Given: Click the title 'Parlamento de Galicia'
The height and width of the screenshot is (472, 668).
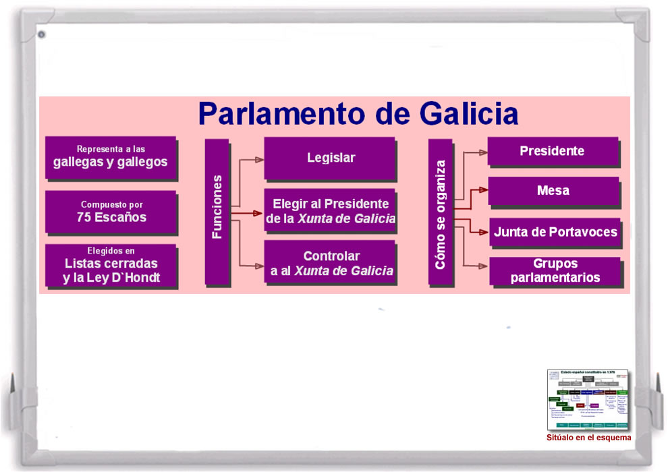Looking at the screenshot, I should click(x=358, y=113).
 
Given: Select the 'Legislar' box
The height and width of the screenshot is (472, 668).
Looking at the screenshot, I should click(x=329, y=158).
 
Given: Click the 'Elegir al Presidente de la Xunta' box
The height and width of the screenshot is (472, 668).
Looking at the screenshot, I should click(x=329, y=210).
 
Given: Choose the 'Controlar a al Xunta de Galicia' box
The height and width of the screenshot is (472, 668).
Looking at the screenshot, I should click(x=329, y=263).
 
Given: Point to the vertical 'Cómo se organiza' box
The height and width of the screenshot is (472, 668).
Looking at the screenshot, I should click(x=440, y=212).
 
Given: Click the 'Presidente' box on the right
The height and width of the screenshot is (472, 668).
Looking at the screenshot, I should click(x=552, y=151).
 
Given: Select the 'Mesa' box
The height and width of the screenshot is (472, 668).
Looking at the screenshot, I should click(x=553, y=191).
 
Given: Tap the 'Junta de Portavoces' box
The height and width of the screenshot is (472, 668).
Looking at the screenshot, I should click(x=555, y=232).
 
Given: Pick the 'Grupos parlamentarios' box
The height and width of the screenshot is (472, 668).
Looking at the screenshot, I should click(x=555, y=270).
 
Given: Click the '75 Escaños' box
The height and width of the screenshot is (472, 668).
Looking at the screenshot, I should click(x=111, y=212).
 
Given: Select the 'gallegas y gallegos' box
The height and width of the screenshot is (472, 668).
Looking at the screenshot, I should click(x=111, y=156).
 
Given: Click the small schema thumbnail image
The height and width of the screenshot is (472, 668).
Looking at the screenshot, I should click(x=587, y=400).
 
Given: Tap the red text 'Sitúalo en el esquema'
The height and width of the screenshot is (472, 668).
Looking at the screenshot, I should click(x=588, y=438).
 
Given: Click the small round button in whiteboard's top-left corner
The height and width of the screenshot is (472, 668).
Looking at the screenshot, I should click(x=41, y=34).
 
